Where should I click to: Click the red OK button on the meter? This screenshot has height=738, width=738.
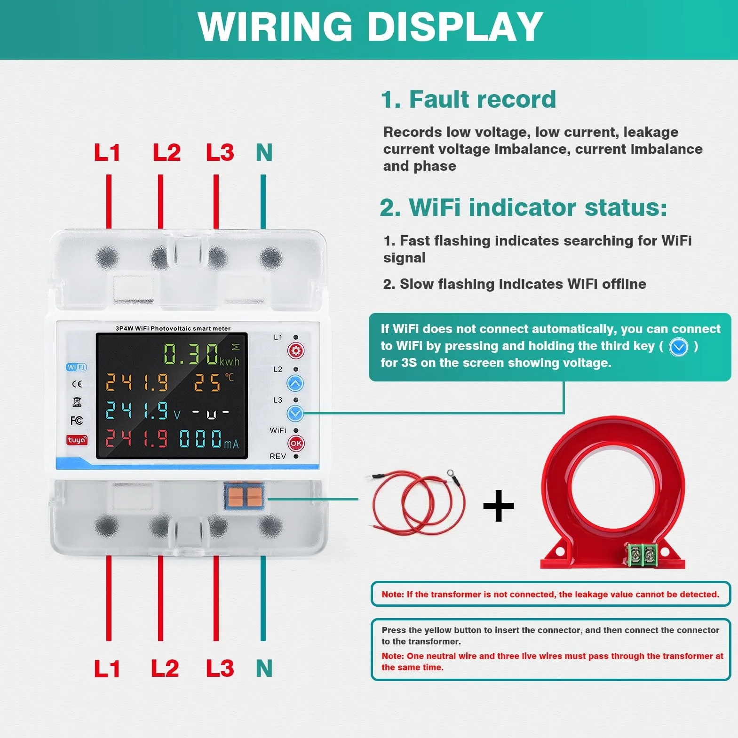296,443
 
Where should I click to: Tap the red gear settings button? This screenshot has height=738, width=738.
296,351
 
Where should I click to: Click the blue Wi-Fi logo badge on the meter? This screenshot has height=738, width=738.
76,367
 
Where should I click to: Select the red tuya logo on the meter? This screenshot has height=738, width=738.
77,440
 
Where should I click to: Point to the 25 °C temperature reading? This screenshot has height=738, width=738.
214,382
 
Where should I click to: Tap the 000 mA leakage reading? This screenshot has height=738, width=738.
209,439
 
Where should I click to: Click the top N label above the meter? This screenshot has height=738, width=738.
264,152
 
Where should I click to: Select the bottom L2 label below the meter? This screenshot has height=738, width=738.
165,668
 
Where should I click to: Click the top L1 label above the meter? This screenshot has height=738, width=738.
107,152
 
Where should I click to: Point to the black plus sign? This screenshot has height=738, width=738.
499,506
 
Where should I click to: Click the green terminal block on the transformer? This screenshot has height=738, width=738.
643,555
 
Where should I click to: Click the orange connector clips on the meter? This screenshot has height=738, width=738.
244,496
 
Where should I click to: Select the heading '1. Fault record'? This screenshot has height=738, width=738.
468,99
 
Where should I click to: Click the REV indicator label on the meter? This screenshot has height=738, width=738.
278,456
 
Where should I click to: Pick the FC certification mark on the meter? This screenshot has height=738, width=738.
77,421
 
